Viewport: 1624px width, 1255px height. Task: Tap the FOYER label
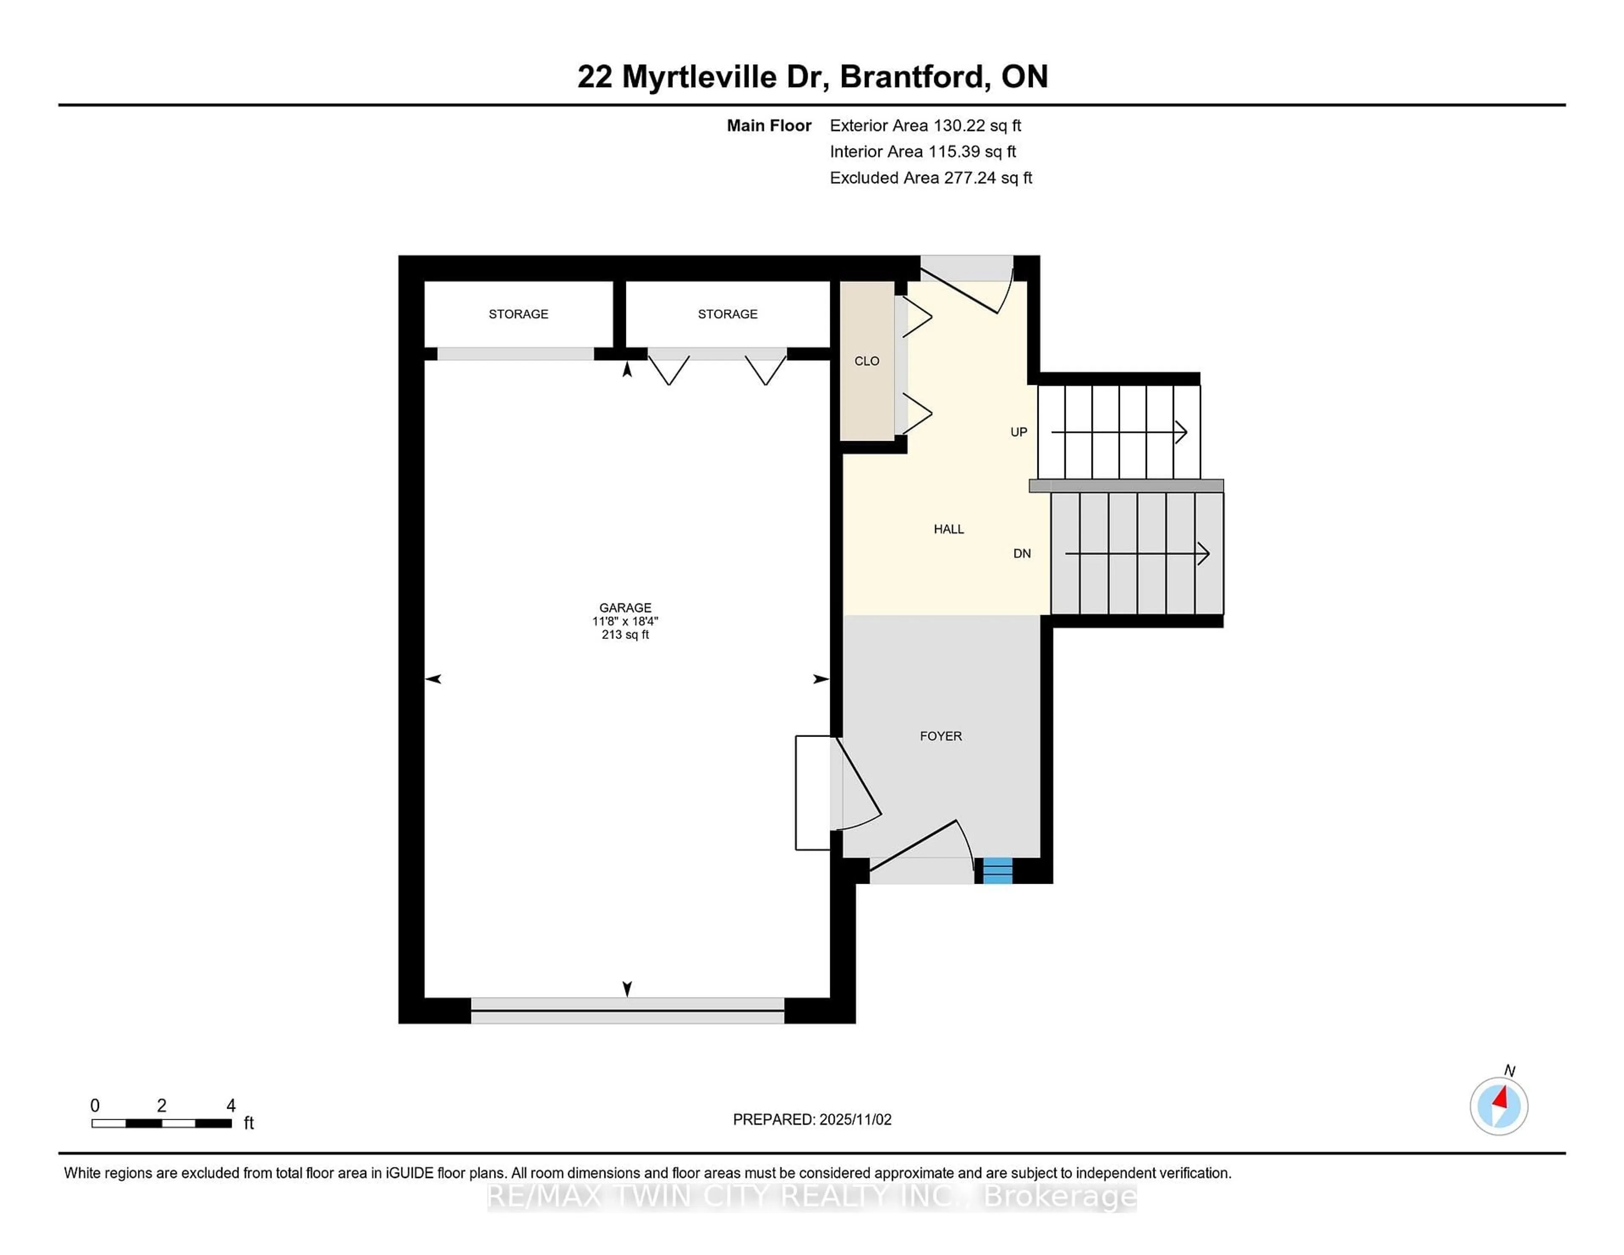(x=941, y=736)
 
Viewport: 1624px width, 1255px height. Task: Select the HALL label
(x=949, y=529)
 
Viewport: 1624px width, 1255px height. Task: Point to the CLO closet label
(x=866, y=362)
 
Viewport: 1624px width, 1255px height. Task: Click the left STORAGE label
(x=518, y=315)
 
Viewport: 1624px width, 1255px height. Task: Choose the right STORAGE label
(x=727, y=315)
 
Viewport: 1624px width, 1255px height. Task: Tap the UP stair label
(x=1018, y=432)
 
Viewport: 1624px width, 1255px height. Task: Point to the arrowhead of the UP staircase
(x=1181, y=432)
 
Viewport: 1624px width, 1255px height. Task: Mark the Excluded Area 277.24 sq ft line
(x=931, y=178)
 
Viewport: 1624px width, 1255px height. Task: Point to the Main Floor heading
(x=769, y=126)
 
